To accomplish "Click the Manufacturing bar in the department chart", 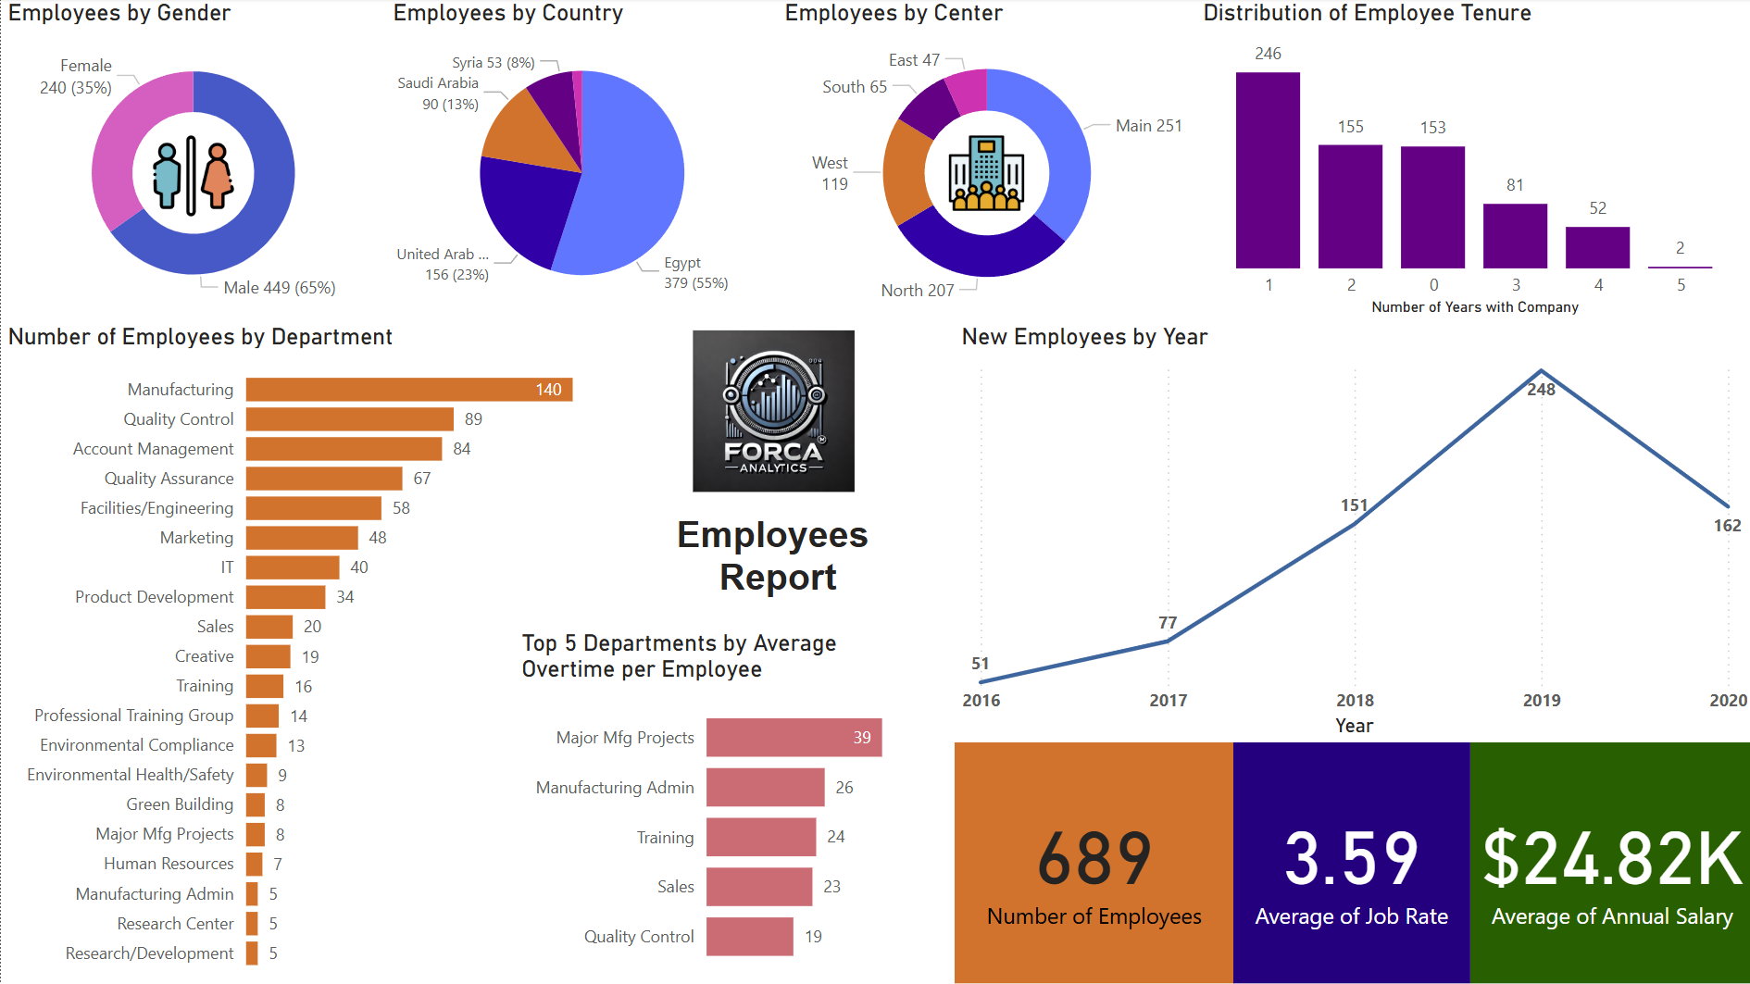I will point(407,390).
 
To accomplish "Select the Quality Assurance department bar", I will point(324,479).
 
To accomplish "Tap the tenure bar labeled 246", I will point(1268,171).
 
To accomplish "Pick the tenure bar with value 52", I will point(1597,248).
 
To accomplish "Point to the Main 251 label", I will point(1148,126).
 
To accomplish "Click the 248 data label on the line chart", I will point(1541,390).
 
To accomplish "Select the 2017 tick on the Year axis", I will point(1168,701).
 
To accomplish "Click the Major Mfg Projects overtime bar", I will point(793,738).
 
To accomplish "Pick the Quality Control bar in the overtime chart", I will point(749,937).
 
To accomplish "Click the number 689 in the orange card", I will point(1094,858).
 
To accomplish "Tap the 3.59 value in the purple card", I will point(1351,858).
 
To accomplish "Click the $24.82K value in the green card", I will point(1611,858).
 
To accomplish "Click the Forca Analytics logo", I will point(773,411).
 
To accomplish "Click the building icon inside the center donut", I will point(986,173).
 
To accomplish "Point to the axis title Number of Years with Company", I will point(1474,307).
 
